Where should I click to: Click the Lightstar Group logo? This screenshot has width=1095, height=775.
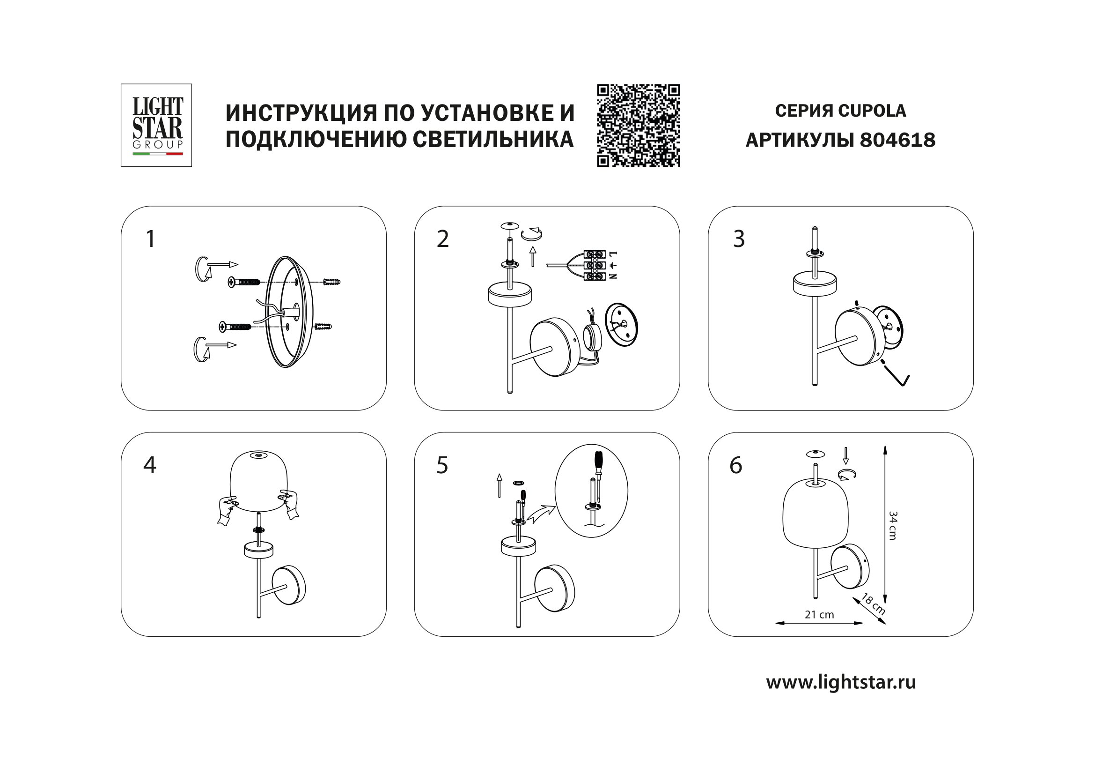coord(156,125)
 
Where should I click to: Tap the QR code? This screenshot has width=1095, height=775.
coord(638,126)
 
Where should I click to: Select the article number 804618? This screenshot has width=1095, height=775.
coord(897,140)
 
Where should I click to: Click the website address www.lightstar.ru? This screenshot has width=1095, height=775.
coord(841,682)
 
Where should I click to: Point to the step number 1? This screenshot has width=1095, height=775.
coord(150,238)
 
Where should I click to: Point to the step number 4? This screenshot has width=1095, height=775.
coord(149,465)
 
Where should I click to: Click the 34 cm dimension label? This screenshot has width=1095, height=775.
coord(893,525)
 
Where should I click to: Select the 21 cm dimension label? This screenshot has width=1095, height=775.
coord(819,615)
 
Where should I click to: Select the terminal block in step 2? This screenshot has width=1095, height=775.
coord(595,265)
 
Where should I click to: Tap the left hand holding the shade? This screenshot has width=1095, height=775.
coord(226,510)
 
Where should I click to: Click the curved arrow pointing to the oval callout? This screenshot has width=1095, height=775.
coord(543,515)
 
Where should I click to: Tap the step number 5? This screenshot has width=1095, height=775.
coord(442,465)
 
